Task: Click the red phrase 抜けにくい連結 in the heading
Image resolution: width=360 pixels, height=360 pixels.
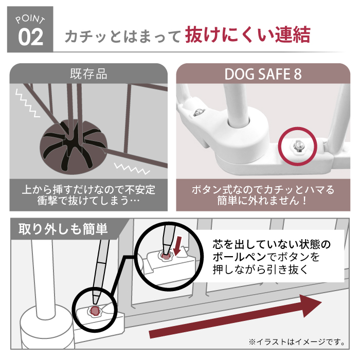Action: (x=247, y=35)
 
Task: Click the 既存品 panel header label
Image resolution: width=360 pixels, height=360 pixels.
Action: (x=88, y=74)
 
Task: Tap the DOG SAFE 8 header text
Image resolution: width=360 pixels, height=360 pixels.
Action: (x=263, y=74)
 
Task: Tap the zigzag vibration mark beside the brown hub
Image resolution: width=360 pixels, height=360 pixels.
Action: (x=127, y=168)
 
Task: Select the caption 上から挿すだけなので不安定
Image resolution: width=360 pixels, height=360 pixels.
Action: (x=88, y=190)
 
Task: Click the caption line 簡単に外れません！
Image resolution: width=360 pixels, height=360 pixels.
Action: (x=263, y=201)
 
